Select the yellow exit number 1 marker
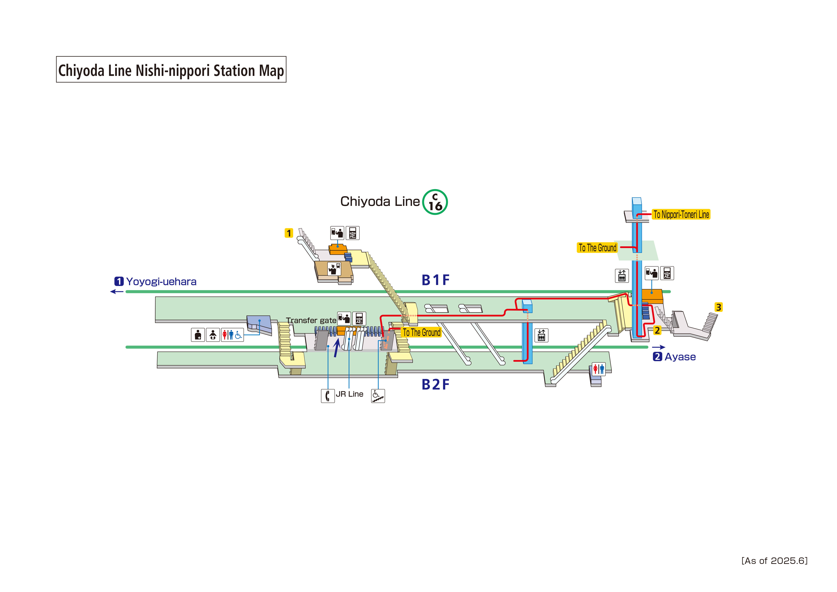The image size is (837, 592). tap(289, 233)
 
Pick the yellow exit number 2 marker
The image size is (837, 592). tap(657, 330)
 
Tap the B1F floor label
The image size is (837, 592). tap(435, 280)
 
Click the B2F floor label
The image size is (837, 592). tap(435, 385)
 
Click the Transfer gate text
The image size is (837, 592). tap(311, 320)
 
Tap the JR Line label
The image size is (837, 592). tap(350, 394)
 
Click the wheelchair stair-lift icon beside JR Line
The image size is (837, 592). tap(378, 396)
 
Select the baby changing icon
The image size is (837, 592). tap(213, 334)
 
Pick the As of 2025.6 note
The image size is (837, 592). tap(774, 561)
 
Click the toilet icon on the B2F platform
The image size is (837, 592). tap(598, 369)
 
